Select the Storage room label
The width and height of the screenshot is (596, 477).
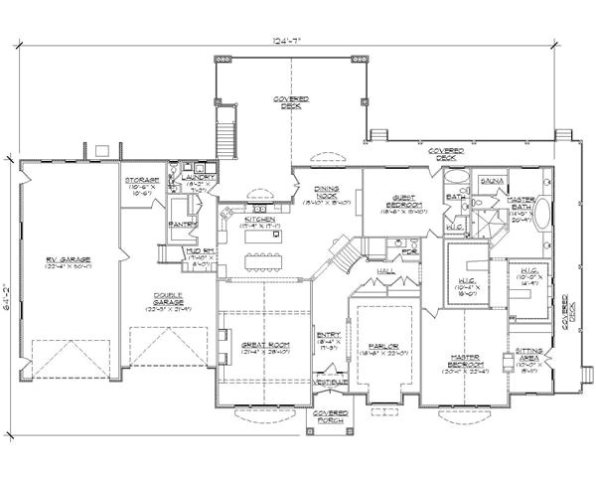[x=142, y=181]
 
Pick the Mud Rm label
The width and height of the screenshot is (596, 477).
[x=203, y=258]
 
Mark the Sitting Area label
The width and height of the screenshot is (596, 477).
[x=527, y=355]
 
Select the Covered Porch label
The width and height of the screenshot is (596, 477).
[x=329, y=415]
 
